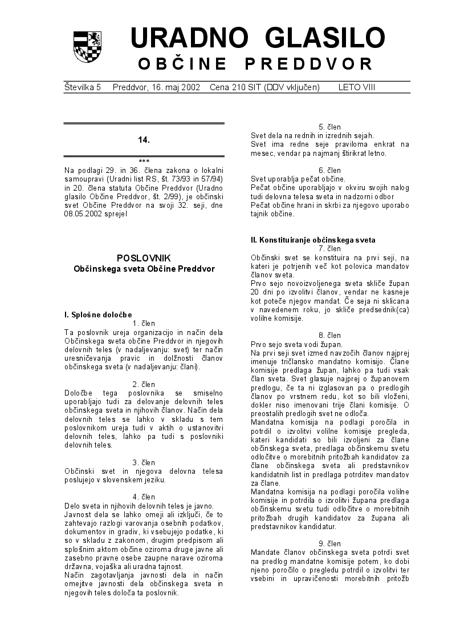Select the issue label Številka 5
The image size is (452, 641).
click(x=83, y=87)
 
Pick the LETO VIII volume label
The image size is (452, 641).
click(x=357, y=87)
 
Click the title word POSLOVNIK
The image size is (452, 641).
click(x=144, y=258)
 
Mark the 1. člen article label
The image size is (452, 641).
click(x=144, y=323)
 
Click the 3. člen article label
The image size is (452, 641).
click(x=144, y=462)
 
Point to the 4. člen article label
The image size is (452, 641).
click(x=144, y=497)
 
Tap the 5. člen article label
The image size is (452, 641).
click(x=329, y=127)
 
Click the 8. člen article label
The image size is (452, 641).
click(x=329, y=336)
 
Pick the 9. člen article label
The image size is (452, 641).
click(x=329, y=543)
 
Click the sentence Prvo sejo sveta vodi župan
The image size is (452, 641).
click(x=296, y=344)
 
